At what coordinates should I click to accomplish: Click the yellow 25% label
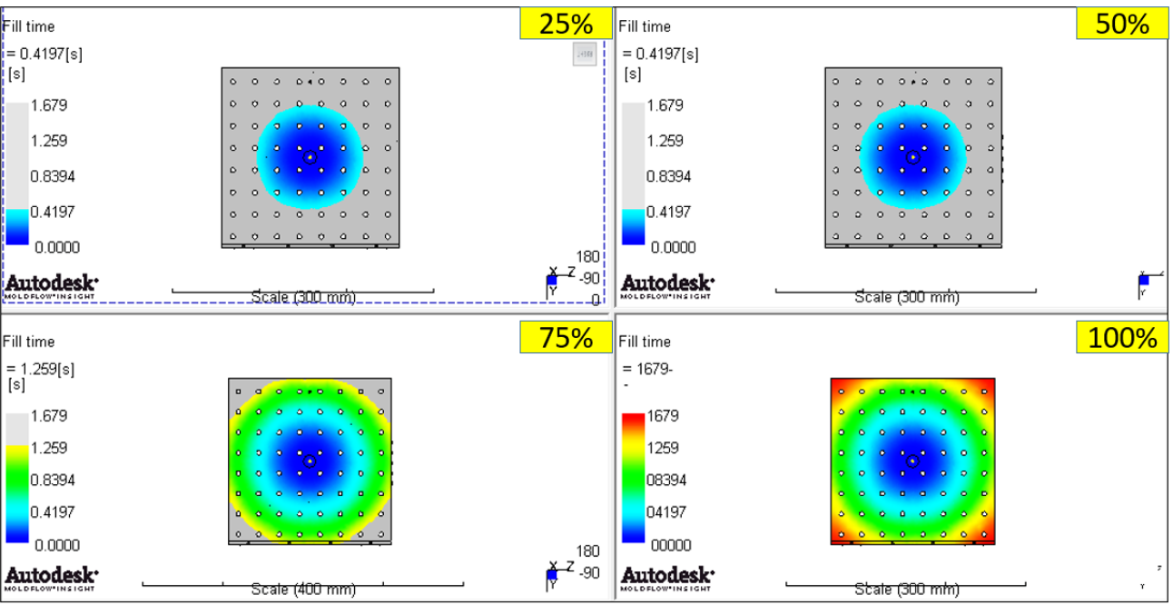tap(566, 24)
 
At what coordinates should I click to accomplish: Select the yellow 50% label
tap(1122, 24)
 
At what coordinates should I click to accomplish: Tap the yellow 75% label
tap(566, 338)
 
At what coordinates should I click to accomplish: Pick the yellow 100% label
tap(1122, 338)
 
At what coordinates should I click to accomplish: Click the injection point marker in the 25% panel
tap(310, 157)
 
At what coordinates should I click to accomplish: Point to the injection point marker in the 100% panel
tap(913, 461)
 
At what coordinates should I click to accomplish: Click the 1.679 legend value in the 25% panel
tap(49, 105)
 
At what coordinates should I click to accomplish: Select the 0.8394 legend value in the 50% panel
tap(668, 176)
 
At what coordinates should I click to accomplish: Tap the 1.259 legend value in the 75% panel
tap(49, 448)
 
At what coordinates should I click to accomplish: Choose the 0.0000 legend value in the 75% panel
tap(56, 545)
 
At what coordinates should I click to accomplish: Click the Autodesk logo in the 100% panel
tap(666, 577)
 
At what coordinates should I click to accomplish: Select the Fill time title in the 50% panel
tap(645, 26)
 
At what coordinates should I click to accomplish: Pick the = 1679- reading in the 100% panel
tap(648, 369)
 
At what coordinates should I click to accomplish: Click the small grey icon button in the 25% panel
tap(585, 55)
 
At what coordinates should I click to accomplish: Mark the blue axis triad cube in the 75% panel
tap(551, 575)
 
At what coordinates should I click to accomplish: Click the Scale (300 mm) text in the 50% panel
tap(907, 297)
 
